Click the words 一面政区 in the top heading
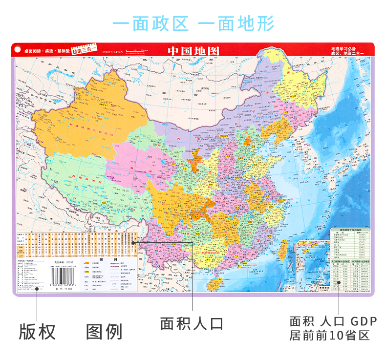click(x=150, y=24)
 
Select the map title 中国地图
click(x=193, y=50)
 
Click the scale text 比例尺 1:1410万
click(x=113, y=52)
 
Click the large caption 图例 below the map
click(x=104, y=332)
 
